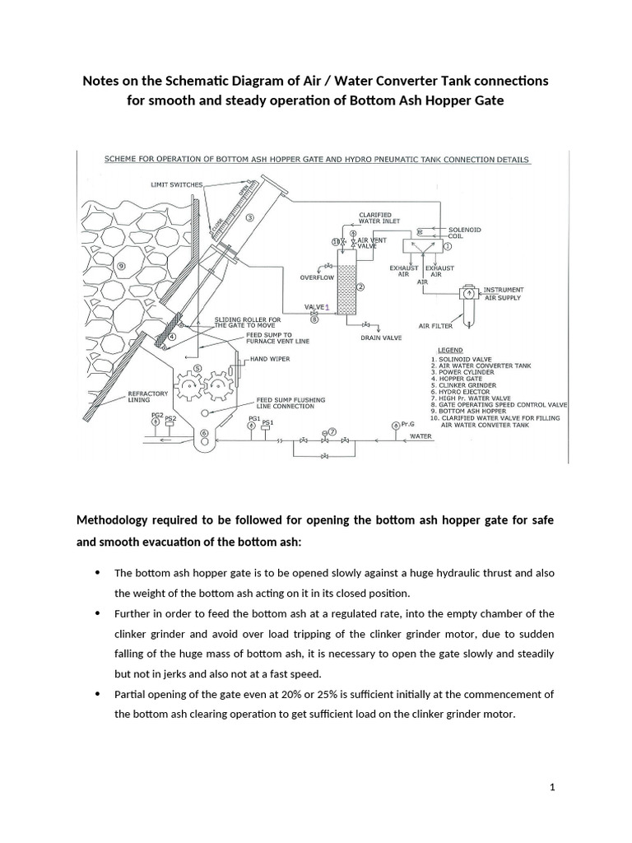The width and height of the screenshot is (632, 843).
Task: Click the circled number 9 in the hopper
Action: [x=122, y=265]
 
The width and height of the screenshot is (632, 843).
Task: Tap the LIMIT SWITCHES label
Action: [x=176, y=184]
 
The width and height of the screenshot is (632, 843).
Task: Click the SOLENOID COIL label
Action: [x=462, y=233]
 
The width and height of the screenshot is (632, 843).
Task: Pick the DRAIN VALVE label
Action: [x=380, y=337]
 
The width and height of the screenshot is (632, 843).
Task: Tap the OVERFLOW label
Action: [x=316, y=278]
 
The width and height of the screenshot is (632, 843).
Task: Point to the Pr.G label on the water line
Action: [x=408, y=423]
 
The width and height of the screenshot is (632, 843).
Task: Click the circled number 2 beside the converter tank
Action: [x=360, y=287]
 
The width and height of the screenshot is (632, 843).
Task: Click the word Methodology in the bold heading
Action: [x=114, y=519]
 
